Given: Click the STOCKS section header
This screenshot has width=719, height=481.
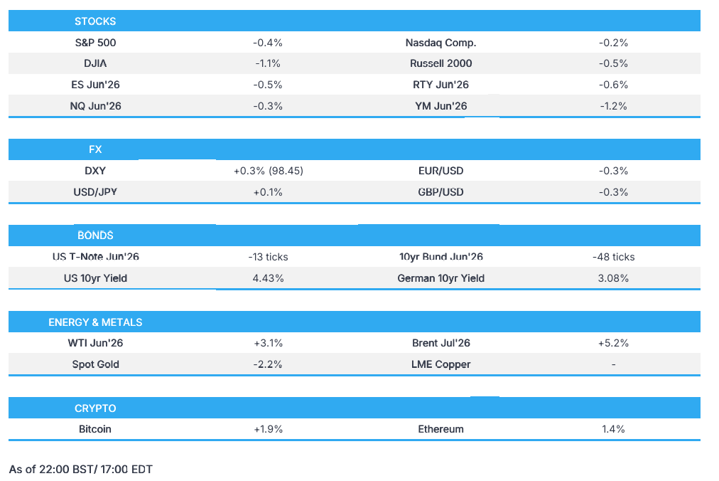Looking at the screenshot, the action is (95, 21).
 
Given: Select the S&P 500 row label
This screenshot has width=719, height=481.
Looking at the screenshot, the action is (95, 43).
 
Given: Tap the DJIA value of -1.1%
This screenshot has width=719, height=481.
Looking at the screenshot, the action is (268, 63).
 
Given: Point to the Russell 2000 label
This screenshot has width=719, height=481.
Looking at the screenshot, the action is (440, 63).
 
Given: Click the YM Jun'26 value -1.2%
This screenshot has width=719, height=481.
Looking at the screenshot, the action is (613, 106).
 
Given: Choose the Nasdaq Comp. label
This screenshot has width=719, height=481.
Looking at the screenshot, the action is (440, 43).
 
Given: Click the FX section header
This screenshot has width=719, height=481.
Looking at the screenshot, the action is (95, 149).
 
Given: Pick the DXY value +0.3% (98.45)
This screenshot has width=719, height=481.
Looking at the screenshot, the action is (269, 171).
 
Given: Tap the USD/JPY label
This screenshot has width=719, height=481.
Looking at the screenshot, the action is (95, 192).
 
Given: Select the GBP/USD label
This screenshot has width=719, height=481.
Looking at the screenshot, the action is (440, 192).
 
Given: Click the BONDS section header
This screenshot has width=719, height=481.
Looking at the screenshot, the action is (95, 236).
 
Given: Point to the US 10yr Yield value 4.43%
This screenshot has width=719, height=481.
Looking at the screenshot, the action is (268, 278).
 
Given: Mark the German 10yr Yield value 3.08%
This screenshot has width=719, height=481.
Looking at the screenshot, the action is (613, 278).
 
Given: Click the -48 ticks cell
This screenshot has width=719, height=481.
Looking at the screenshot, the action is (613, 257).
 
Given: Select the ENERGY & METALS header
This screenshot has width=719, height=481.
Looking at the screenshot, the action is (95, 322).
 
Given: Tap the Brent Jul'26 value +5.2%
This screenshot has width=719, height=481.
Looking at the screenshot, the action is (613, 343).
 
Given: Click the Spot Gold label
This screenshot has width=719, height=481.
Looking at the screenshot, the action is (95, 364).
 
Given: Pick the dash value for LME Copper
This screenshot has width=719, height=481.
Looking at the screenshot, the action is (614, 364).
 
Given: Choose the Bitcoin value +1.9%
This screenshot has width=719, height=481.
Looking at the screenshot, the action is (269, 429).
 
